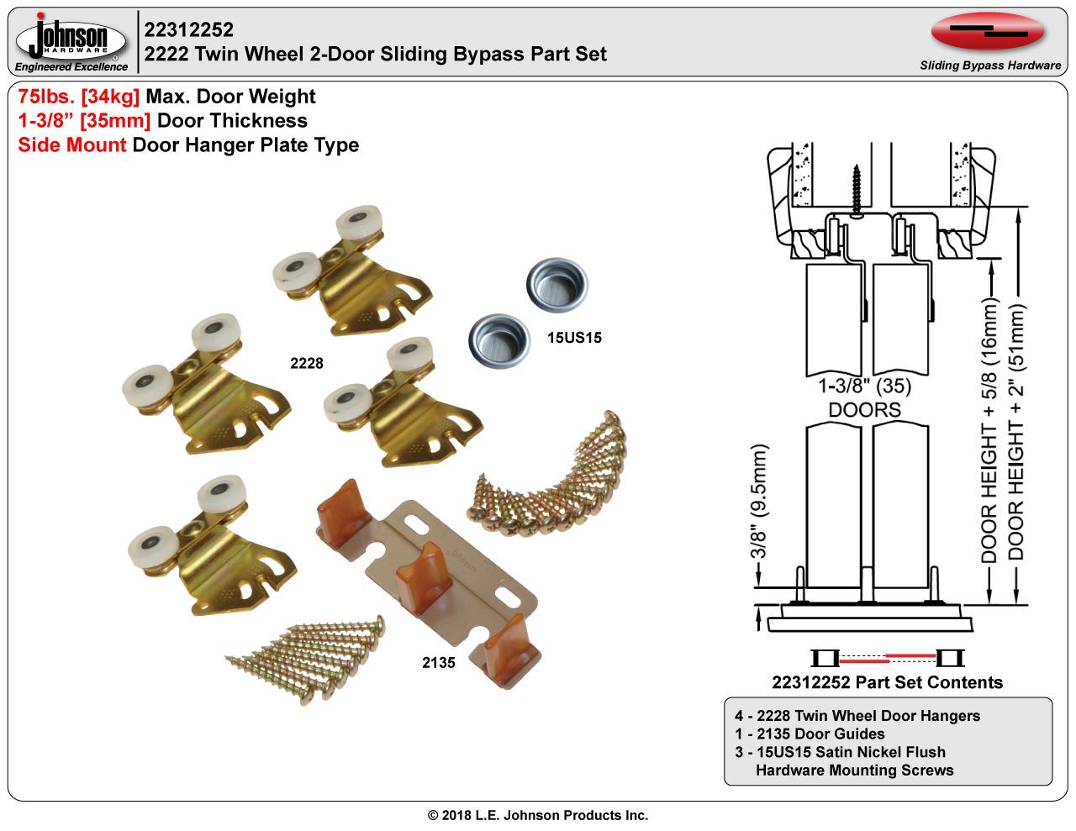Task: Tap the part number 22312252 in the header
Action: pyautogui.click(x=188, y=30)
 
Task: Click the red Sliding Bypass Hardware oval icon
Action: pyautogui.click(x=988, y=33)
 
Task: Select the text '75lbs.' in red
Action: pyautogui.click(x=46, y=97)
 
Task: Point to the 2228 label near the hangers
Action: pyautogui.click(x=306, y=363)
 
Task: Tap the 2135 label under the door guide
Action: pyautogui.click(x=438, y=663)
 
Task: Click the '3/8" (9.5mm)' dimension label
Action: pyautogui.click(x=760, y=502)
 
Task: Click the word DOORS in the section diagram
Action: pyautogui.click(x=865, y=410)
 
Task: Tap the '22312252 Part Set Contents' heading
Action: pyautogui.click(x=887, y=682)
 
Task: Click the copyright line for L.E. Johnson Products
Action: pyautogui.click(x=538, y=815)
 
